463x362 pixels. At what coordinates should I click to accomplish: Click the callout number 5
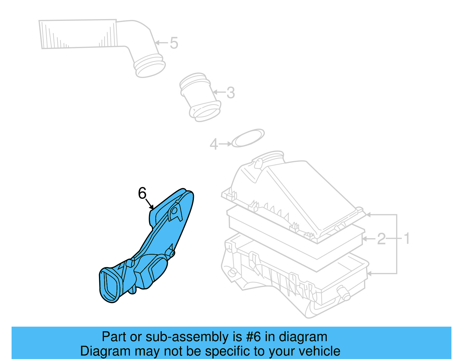tap(174, 43)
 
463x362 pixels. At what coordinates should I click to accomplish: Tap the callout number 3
tap(230, 93)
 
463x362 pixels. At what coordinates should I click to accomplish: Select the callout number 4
tap(214, 144)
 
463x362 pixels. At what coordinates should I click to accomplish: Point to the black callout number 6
tap(142, 193)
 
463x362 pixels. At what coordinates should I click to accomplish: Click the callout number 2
tap(381, 239)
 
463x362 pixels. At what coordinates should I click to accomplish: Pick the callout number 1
tap(407, 238)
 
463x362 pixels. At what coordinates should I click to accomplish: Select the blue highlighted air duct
tap(162, 238)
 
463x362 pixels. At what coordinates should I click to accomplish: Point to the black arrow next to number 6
tap(149, 204)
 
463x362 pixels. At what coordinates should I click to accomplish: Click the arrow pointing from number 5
tap(161, 43)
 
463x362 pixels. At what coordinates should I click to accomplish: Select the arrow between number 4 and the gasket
tap(225, 144)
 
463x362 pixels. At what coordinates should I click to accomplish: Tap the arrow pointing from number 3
tap(219, 92)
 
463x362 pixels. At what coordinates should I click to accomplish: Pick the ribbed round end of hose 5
tap(150, 66)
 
